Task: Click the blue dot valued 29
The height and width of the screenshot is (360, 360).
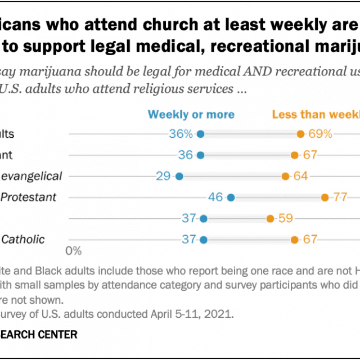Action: pos(179,176)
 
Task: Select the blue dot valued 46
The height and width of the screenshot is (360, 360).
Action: pos(231,197)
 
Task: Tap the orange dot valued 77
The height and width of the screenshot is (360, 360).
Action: pos(325,197)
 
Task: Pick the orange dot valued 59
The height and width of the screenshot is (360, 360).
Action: pos(270,218)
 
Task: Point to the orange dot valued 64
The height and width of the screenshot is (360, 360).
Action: pos(286,176)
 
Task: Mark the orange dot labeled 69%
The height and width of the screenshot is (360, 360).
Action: pos(300,134)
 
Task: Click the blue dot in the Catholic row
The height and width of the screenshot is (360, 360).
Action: pos(203,240)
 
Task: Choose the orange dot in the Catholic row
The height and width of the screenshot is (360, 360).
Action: pos(294,240)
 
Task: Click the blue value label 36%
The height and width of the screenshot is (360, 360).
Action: pos(181,134)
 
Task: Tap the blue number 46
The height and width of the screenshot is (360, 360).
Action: pos(215,197)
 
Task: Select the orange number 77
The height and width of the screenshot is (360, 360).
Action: pos(340,197)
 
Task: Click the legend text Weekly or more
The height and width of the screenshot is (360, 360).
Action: pos(191,114)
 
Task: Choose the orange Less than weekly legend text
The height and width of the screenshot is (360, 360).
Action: pos(315,114)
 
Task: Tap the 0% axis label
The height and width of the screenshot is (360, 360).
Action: pos(74,250)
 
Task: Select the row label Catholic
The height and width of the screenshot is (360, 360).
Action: pos(23,240)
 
